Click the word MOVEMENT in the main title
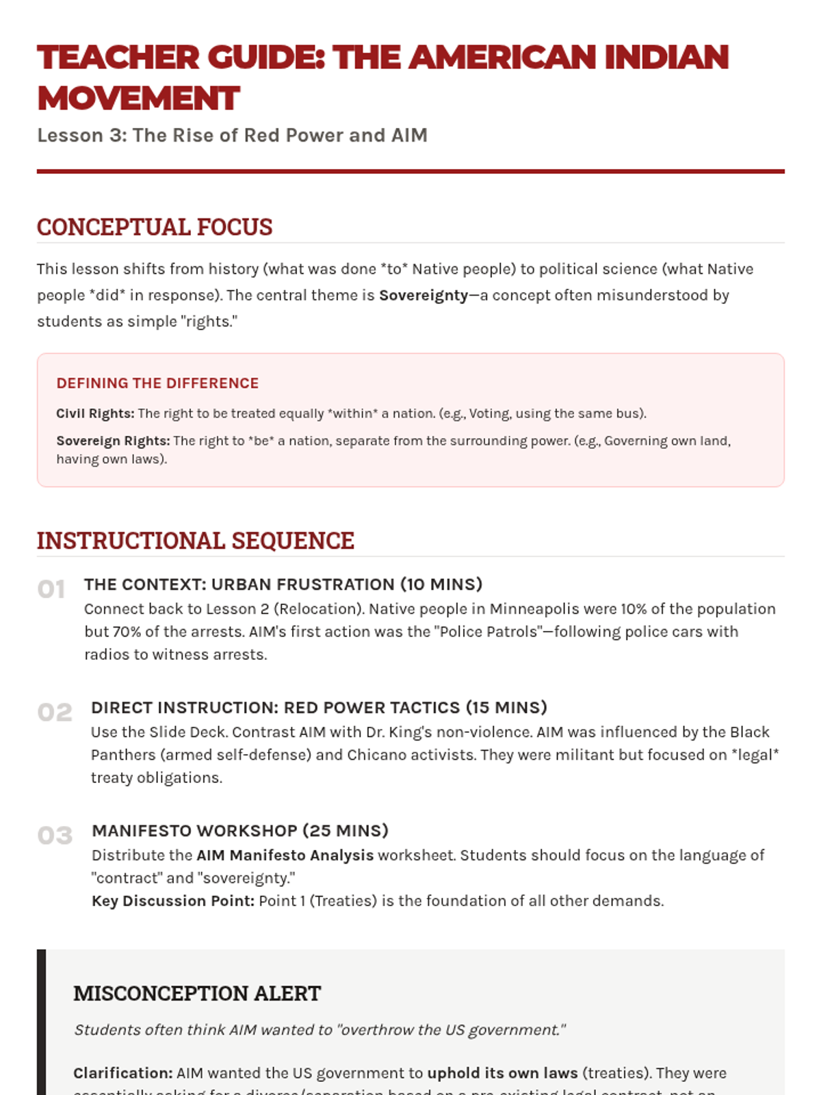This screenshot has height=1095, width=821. [138, 99]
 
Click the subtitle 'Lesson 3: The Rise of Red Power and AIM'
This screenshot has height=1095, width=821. [232, 136]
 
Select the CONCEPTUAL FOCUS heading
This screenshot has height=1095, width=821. [155, 227]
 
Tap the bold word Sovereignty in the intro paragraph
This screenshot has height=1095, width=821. [423, 295]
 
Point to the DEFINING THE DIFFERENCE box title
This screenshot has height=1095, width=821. [157, 383]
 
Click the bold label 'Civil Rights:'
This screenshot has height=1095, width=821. [95, 413]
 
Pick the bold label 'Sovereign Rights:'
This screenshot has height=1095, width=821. [113, 441]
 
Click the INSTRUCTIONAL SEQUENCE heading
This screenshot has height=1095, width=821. [195, 541]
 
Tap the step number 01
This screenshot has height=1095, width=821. [51, 589]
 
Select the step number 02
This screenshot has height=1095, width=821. [55, 712]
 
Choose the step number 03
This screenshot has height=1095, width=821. [55, 836]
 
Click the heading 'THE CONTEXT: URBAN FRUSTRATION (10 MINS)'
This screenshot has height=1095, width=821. [283, 584]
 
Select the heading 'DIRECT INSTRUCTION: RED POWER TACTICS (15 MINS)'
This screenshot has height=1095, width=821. [319, 708]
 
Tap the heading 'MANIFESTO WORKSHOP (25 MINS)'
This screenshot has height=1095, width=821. [240, 831]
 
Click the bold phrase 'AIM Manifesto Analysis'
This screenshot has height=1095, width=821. [285, 855]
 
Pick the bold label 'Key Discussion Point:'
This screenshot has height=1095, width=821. [173, 901]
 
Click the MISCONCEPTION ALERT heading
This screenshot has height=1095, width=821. [197, 994]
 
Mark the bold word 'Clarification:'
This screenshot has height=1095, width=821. [123, 1073]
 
